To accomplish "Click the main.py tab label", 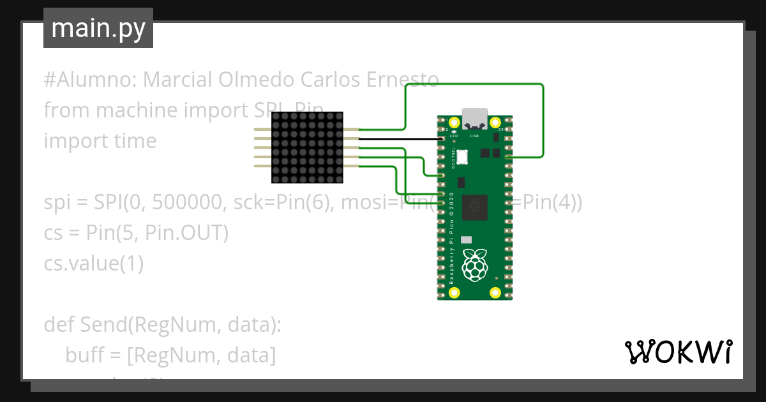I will click(98, 28).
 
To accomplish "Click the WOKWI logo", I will click(678, 352).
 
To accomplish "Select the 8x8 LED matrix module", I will click(307, 148).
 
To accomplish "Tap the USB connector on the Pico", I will click(474, 119).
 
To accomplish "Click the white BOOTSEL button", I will click(462, 156).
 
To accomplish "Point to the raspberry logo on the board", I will click(474, 266).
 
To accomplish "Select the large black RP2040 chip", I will click(474, 207).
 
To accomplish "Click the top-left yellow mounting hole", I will click(454, 122).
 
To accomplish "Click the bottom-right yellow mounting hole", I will click(495, 293).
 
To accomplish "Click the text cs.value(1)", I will click(93, 263).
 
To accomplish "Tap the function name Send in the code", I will click(102, 325).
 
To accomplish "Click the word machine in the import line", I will click(137, 110).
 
